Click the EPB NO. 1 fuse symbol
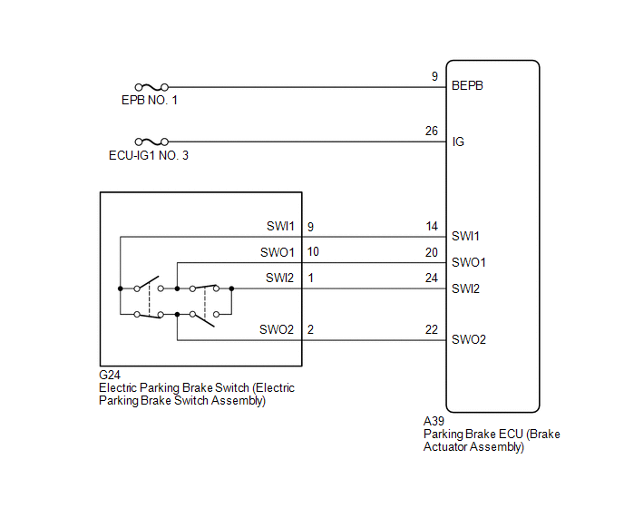[x=151, y=87]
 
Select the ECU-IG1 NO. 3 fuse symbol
[x=151, y=142]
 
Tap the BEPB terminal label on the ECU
[x=467, y=85]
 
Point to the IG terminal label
[x=458, y=142]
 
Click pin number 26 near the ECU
[x=432, y=131]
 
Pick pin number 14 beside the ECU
[x=432, y=227]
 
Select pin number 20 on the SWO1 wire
[x=432, y=252]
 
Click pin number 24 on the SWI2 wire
[x=432, y=278]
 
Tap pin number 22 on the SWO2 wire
[x=432, y=329]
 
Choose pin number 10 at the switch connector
[x=313, y=251]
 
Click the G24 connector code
[x=110, y=375]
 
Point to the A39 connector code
[x=434, y=421]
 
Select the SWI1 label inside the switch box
[x=280, y=226]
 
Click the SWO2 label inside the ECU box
[x=469, y=339]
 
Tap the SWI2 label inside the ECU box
[x=465, y=288]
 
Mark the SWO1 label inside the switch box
[x=278, y=252]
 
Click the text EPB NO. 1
[x=150, y=101]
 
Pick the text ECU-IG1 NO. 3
[x=149, y=155]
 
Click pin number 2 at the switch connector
[x=310, y=329]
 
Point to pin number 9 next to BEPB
[x=434, y=76]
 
